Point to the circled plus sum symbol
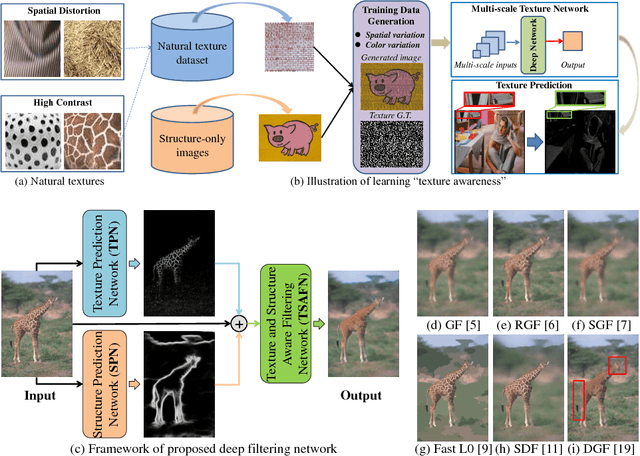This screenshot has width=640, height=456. point(241,322)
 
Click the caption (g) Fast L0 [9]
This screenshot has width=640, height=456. point(450,437)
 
